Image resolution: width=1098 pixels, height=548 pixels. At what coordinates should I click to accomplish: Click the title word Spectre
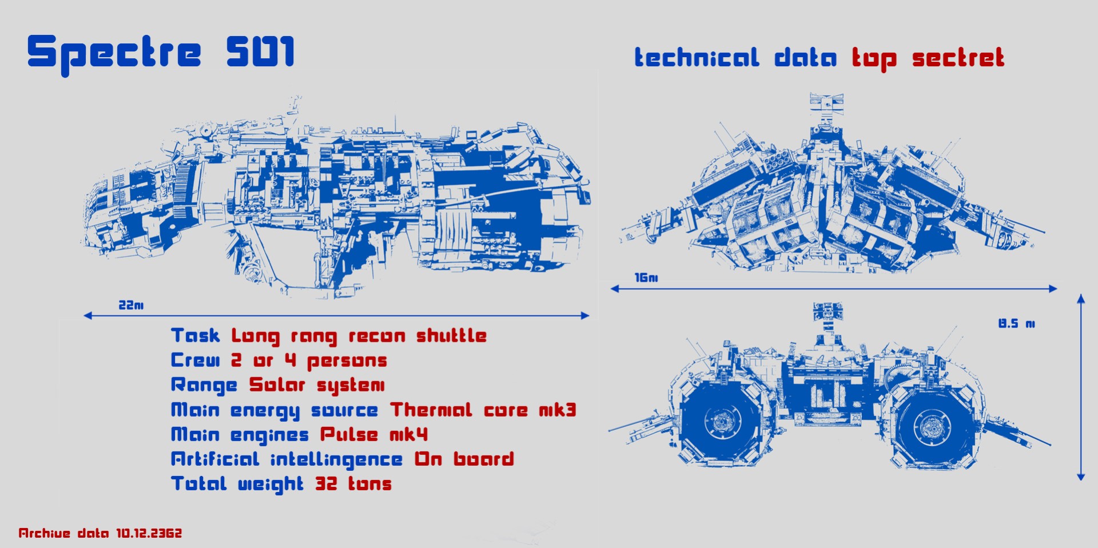114,53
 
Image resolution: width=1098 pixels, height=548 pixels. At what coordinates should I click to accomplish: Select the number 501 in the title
260,51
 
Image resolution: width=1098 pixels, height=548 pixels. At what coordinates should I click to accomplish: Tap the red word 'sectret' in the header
958,58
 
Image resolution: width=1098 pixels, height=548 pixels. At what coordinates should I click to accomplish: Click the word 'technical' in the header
697,58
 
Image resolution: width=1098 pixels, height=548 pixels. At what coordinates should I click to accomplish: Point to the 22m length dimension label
131,305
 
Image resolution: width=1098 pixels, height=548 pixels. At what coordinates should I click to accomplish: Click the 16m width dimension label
646,278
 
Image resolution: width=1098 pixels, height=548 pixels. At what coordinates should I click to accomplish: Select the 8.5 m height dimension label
1016,323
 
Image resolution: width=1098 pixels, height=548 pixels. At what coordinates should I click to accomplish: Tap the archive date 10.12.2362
149,533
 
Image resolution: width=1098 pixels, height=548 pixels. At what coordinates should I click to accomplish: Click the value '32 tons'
353,484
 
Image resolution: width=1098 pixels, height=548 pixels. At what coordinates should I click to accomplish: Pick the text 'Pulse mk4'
373,434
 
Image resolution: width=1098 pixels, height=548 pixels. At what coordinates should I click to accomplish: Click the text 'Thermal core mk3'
483,410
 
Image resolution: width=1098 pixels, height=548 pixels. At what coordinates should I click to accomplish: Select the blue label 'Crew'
195,360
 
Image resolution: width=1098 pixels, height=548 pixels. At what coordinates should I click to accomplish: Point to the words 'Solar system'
317,385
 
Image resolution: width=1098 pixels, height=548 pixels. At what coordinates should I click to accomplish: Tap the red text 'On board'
464,459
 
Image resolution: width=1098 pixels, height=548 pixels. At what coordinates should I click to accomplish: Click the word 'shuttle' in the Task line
451,335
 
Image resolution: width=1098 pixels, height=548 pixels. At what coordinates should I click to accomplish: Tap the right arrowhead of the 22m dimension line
585,315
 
